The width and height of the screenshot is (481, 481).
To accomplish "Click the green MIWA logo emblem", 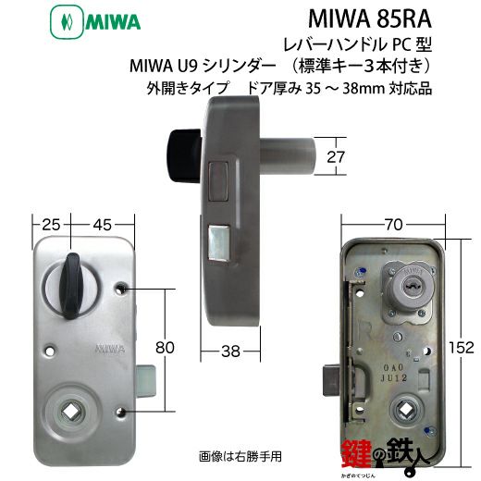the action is tap(67, 22).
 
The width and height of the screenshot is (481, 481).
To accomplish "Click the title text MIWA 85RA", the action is tap(369, 19).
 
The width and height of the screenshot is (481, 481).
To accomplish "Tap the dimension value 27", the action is tap(336, 157).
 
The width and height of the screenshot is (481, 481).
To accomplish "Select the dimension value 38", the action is tap(230, 351).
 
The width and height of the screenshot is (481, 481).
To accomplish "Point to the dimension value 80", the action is tap(165, 348).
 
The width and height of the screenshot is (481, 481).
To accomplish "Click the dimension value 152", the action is tap(461, 348).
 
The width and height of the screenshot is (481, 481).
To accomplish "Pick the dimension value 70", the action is tap(393, 225).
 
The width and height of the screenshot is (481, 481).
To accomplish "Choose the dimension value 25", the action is tap(51, 225).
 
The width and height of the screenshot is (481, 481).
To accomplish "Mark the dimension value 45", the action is tap(102, 225).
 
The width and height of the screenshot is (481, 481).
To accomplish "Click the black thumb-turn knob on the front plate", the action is tap(70, 286).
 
